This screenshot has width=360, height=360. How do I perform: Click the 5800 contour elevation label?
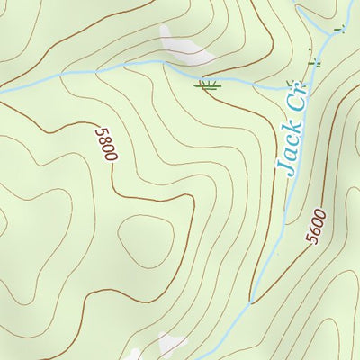[105, 144]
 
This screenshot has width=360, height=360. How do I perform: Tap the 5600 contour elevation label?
[316, 225]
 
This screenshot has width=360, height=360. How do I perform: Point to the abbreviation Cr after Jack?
[298, 101]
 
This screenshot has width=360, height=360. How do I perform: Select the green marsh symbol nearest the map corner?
[338, 30]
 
